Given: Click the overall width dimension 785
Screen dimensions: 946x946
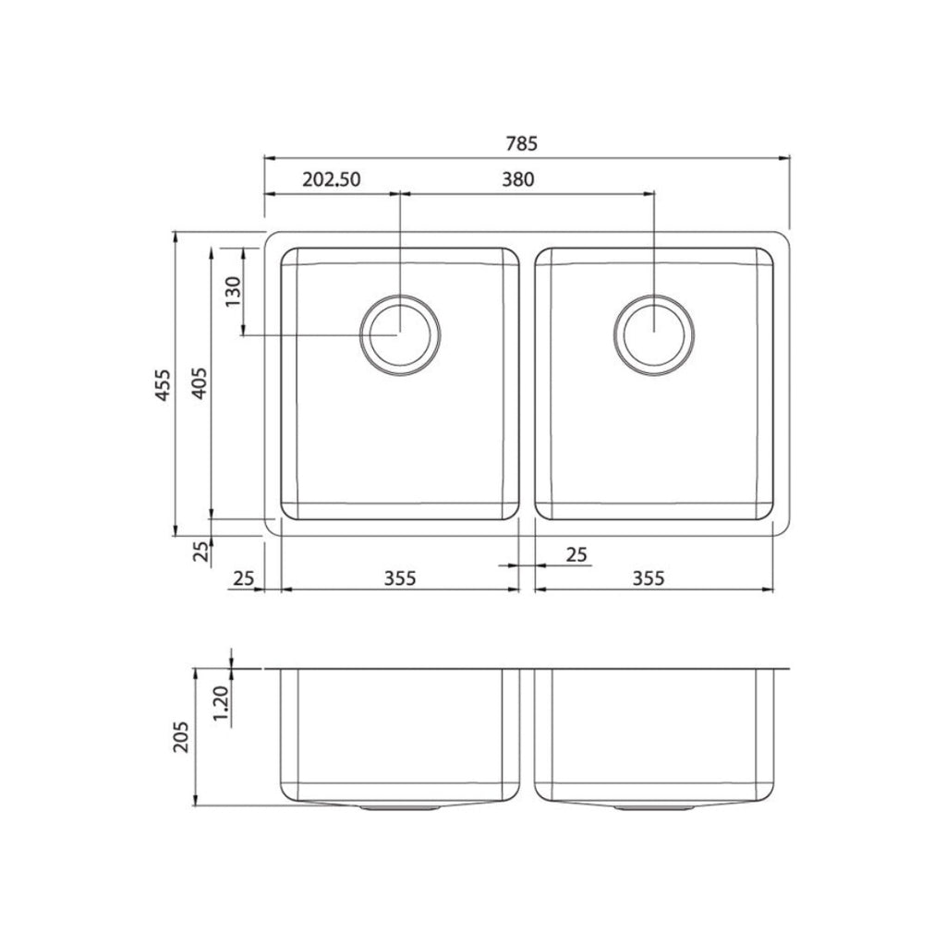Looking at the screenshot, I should click(522, 143).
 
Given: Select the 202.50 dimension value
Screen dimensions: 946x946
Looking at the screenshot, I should click(331, 180).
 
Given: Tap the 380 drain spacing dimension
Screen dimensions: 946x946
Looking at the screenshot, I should click(519, 180).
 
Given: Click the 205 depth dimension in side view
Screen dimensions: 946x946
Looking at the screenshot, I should click(182, 736).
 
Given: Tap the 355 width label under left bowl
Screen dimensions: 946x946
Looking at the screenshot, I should click(400, 578).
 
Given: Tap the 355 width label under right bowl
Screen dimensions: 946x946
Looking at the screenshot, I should click(650, 578).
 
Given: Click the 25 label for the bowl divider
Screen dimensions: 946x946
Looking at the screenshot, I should click(576, 554).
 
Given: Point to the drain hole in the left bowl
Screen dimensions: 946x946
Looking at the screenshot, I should click(400, 334).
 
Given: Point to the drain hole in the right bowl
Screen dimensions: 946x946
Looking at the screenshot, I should click(653, 334).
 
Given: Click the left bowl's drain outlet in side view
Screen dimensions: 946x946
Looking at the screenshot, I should click(400, 807).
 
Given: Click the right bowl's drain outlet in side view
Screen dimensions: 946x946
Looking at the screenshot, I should click(653, 807).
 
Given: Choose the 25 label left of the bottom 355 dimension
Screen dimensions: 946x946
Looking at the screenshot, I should click(243, 578).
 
